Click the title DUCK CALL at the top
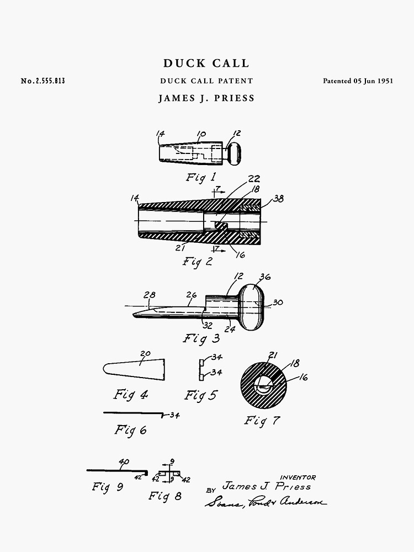coord(206,64)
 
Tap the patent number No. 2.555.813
coord(43,81)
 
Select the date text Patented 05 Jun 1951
coord(358,81)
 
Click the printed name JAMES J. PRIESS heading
coord(206,99)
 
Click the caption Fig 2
coord(198,262)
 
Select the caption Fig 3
coord(201,338)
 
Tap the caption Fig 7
coord(262,421)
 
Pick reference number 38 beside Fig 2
coord(278,199)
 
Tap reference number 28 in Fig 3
coord(149,295)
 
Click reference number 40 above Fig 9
coord(124,461)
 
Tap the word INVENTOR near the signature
coord(298,477)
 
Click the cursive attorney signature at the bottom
coord(266,502)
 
